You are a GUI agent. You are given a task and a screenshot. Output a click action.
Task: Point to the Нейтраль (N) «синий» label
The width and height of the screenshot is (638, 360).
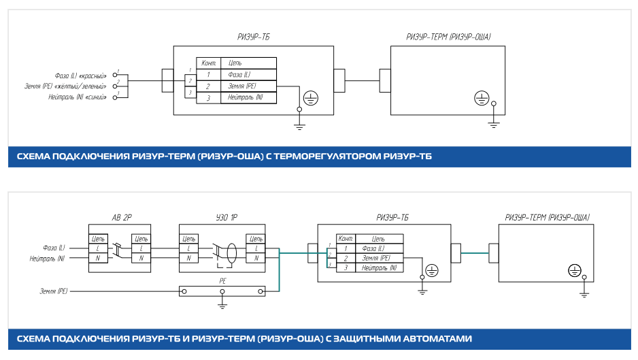coord(78,98)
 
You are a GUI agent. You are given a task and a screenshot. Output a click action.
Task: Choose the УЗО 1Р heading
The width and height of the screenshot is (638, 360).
coord(220,218)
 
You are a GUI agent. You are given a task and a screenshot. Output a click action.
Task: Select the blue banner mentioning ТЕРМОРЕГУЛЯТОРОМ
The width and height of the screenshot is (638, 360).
coord(319,157)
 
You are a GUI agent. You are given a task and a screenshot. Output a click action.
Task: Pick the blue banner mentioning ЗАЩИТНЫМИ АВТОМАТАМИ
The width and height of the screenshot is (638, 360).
coord(319,338)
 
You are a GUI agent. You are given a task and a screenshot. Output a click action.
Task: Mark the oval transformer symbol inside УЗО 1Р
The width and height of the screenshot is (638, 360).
coord(231,252)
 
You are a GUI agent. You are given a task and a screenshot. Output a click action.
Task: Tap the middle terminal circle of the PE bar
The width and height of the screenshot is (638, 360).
coord(222,291)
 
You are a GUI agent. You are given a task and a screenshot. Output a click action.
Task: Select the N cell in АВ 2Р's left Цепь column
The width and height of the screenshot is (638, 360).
coord(99,259)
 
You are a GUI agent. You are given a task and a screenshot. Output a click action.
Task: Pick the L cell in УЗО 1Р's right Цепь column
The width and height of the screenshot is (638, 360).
coord(256,248)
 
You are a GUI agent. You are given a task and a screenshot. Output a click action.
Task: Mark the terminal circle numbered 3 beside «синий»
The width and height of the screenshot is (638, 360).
coord(115,98)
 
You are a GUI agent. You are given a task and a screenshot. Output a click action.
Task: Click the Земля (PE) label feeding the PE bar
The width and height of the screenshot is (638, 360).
coord(54,291)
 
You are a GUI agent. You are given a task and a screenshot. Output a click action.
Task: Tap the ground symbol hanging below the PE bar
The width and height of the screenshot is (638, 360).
coord(222,305)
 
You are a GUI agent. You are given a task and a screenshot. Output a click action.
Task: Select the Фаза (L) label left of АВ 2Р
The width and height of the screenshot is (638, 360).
coord(53,248)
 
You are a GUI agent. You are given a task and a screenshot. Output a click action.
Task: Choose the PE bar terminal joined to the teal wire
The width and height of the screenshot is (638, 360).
coord(261,291)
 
